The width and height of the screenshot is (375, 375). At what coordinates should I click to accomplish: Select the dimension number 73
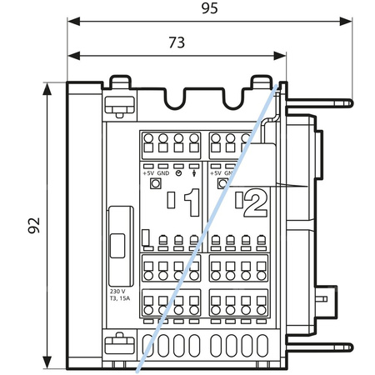(176, 42)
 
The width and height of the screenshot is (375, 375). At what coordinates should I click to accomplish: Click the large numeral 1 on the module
(191, 202)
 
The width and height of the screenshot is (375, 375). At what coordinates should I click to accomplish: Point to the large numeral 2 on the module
(256, 201)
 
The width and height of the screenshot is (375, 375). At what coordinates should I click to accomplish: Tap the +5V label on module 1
(148, 172)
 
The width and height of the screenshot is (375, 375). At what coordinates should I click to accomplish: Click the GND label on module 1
(163, 172)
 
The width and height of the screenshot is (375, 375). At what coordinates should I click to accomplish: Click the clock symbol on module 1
(178, 172)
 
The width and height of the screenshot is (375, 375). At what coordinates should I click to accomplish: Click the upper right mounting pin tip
(349, 103)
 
